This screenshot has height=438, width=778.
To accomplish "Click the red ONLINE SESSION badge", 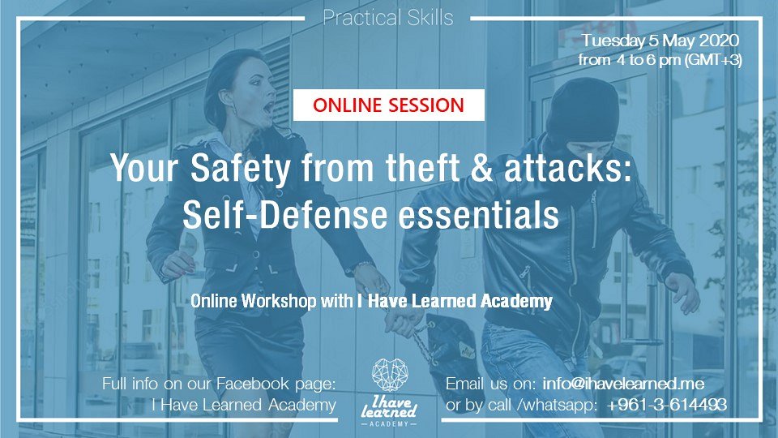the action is tap(388, 105).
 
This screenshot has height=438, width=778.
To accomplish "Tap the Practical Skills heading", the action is tap(388, 18).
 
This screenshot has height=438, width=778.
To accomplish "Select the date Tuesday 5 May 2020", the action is tap(660, 41).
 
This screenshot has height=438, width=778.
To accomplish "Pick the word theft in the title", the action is tap(423, 167).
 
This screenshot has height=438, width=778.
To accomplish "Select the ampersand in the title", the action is tap(481, 167).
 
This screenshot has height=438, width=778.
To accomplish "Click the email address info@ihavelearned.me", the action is tap(623, 384).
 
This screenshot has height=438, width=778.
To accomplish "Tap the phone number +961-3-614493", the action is tap(667, 405).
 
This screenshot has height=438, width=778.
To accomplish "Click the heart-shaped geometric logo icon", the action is tap(390, 375).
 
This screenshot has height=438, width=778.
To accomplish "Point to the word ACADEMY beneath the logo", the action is tap(389, 423).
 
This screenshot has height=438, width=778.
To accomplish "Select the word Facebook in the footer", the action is tap(253, 384).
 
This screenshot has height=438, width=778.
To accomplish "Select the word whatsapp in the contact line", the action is tap(558, 406).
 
